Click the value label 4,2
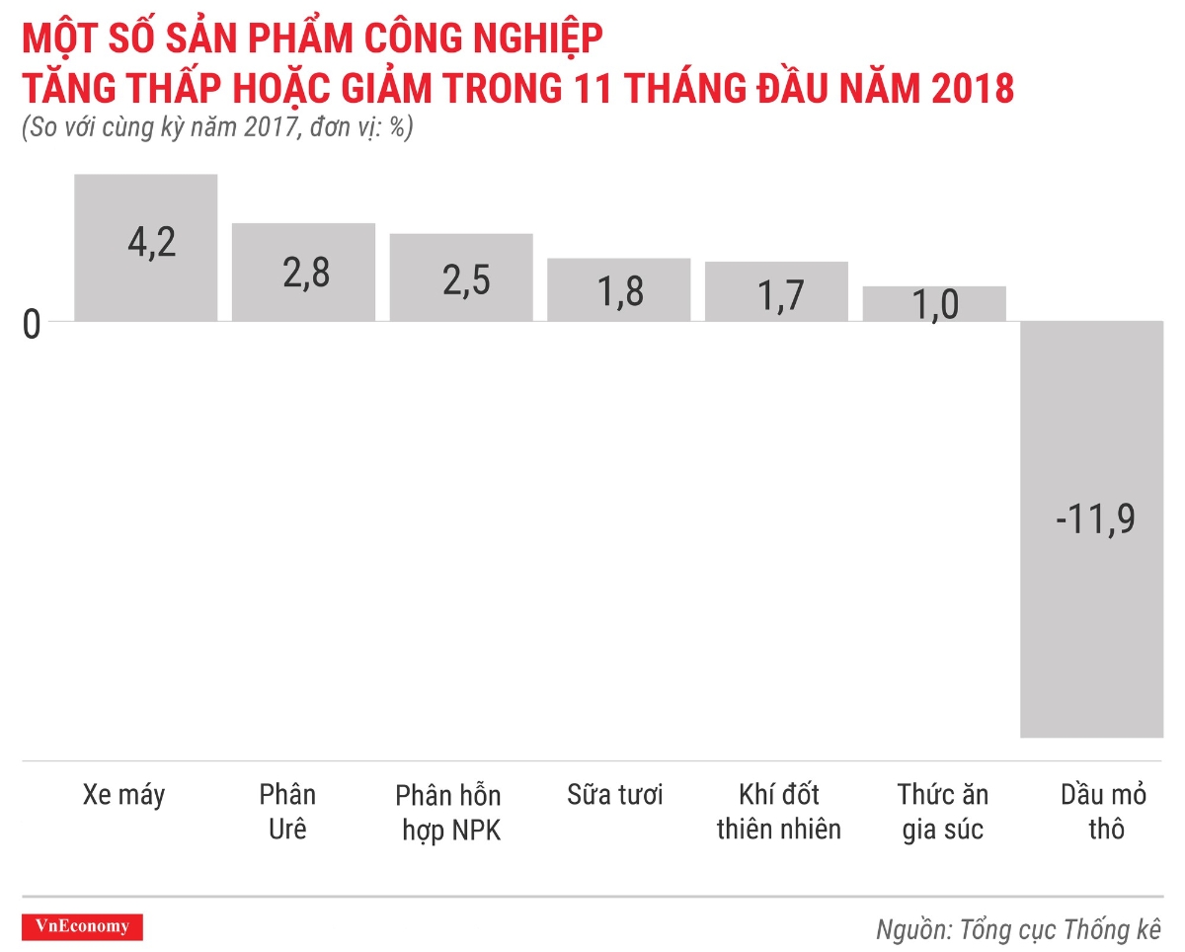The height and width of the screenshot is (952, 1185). tap(152, 242)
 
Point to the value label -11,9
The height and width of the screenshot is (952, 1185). tap(1095, 519)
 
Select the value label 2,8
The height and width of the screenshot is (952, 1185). tap(306, 275)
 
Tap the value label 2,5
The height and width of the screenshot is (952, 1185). tap(466, 281)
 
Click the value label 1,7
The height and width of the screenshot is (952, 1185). tap(780, 295)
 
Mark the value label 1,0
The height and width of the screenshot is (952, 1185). tap(935, 305)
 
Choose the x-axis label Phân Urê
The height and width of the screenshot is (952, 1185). tap(287, 811)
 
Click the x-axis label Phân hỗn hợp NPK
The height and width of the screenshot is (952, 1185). tap(448, 813)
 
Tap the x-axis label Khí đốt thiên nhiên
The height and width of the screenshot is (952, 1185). tap(779, 811)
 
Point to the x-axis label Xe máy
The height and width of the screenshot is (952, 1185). tap(124, 795)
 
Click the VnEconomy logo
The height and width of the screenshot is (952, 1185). tap(82, 926)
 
